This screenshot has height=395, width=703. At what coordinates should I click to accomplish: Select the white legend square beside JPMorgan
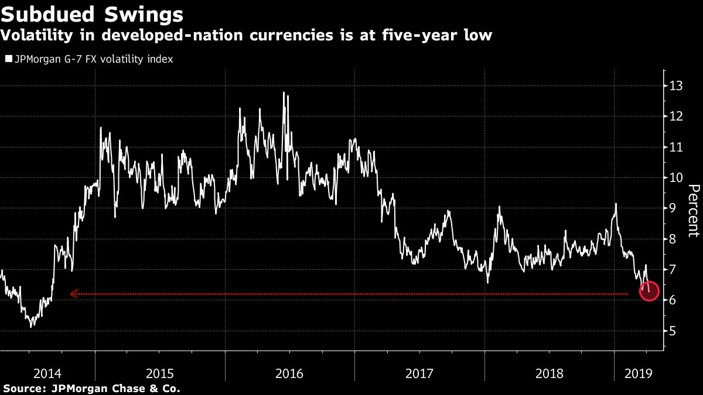pyautogui.click(x=8, y=59)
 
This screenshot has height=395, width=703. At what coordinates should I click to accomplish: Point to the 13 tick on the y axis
pyautogui.click(x=677, y=86)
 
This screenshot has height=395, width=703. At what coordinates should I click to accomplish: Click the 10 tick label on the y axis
pyautogui.click(x=677, y=178)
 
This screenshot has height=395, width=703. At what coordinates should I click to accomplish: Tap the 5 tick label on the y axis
pyautogui.click(x=674, y=331)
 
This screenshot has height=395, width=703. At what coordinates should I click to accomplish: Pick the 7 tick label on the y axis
pyautogui.click(x=674, y=270)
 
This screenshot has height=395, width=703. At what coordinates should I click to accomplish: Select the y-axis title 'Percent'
pyautogui.click(x=694, y=211)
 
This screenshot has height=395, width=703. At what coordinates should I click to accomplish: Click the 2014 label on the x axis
pyautogui.click(x=47, y=373)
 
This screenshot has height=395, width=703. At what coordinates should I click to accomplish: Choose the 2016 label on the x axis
pyautogui.click(x=289, y=373)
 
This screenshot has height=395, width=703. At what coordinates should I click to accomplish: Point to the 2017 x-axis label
pyautogui.click(x=419, y=373)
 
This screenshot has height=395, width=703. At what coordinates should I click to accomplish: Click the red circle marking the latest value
pyautogui.click(x=649, y=290)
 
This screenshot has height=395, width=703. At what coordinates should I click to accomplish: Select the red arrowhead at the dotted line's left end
pyautogui.click(x=74, y=294)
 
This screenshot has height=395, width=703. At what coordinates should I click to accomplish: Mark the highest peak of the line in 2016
pyautogui.click(x=284, y=92)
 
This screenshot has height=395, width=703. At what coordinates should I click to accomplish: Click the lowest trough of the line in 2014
pyautogui.click(x=30, y=326)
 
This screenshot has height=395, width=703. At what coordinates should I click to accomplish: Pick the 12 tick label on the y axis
pyautogui.click(x=677, y=116)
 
